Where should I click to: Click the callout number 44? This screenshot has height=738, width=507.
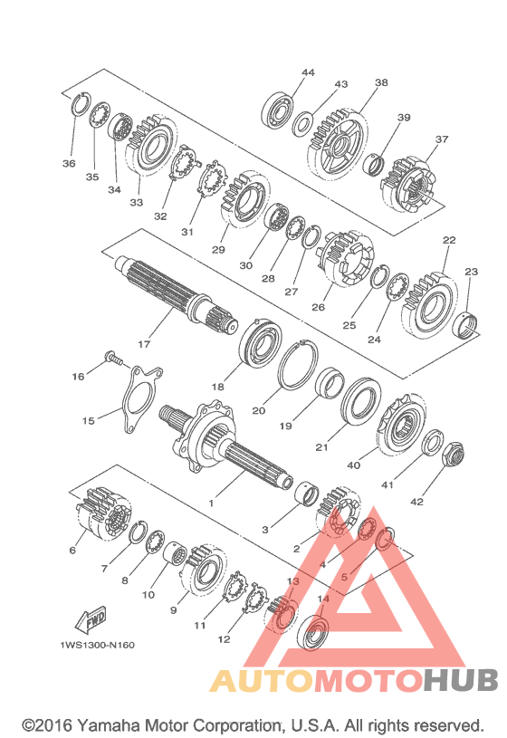308,72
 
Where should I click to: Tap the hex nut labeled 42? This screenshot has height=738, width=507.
454,454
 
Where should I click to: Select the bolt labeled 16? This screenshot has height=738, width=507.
114,358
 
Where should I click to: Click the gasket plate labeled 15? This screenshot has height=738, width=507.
139,398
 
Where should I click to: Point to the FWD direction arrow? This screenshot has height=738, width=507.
91,618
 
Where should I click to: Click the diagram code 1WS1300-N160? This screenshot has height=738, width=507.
97,645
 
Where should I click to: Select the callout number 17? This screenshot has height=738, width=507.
144,344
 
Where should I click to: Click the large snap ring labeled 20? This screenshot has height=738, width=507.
298,365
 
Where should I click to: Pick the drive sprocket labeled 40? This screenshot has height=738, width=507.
402,425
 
